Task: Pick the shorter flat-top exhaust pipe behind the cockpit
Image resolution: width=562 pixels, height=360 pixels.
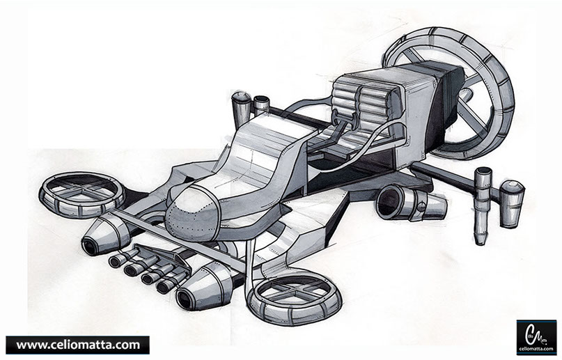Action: (261, 106)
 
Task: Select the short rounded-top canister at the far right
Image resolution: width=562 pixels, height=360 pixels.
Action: (512, 202)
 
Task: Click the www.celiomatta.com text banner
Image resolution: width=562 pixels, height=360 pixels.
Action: (77, 345)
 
